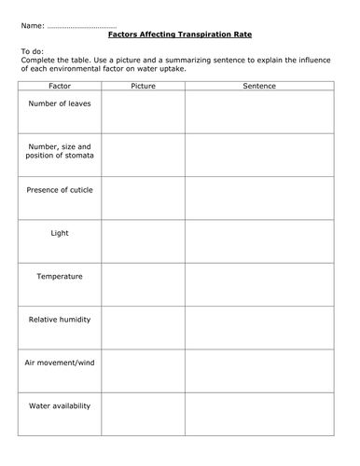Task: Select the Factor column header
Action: point(60,86)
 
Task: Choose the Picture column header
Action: point(143,86)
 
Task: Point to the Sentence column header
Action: point(258,86)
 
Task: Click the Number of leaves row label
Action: point(60,103)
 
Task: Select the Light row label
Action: point(60,233)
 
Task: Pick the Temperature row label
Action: point(60,277)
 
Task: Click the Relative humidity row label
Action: point(60,320)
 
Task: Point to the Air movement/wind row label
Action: point(60,363)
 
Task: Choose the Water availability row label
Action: point(60,406)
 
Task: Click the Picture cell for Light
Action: point(143,240)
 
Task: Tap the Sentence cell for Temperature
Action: point(258,284)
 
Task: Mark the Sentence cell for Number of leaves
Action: point(258,112)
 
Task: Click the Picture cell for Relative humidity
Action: point(143,328)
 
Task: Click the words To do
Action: point(32,52)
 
